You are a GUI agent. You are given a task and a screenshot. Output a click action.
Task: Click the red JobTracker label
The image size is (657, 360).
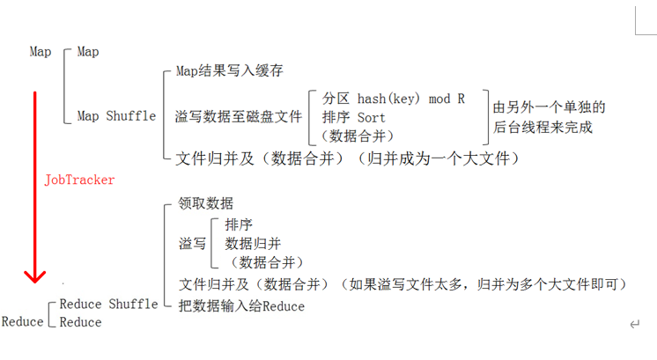[79, 180]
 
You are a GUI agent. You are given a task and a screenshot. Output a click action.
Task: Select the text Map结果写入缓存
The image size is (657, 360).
[229, 70]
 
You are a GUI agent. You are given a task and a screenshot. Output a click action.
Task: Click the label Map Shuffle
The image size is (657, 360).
[116, 116]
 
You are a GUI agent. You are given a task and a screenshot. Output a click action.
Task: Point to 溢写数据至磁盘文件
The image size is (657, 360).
[239, 116]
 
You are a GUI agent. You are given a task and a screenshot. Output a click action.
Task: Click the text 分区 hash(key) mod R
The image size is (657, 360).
[393, 99]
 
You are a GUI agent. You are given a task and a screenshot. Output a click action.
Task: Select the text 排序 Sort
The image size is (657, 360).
[354, 117]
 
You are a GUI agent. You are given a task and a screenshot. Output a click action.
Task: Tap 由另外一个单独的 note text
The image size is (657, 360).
[549, 107]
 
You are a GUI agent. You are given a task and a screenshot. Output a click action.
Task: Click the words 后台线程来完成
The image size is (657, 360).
[543, 127]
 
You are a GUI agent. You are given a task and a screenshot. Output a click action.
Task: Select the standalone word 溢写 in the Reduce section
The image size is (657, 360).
[192, 244]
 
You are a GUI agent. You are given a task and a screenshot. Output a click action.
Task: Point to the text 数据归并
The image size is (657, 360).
[253, 244]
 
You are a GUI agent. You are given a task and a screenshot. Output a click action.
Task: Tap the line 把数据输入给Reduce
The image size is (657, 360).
[241, 306]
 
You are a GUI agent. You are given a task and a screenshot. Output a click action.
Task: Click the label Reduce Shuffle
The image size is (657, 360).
[108, 305]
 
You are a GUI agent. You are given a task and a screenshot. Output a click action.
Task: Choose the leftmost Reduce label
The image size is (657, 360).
[22, 322]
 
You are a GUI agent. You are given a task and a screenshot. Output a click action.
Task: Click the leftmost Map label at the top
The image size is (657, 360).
[41, 52]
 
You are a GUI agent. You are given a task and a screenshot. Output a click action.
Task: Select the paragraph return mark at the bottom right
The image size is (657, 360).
[633, 324]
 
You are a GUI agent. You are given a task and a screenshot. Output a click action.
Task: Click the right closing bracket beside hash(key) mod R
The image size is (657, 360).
[485, 117]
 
